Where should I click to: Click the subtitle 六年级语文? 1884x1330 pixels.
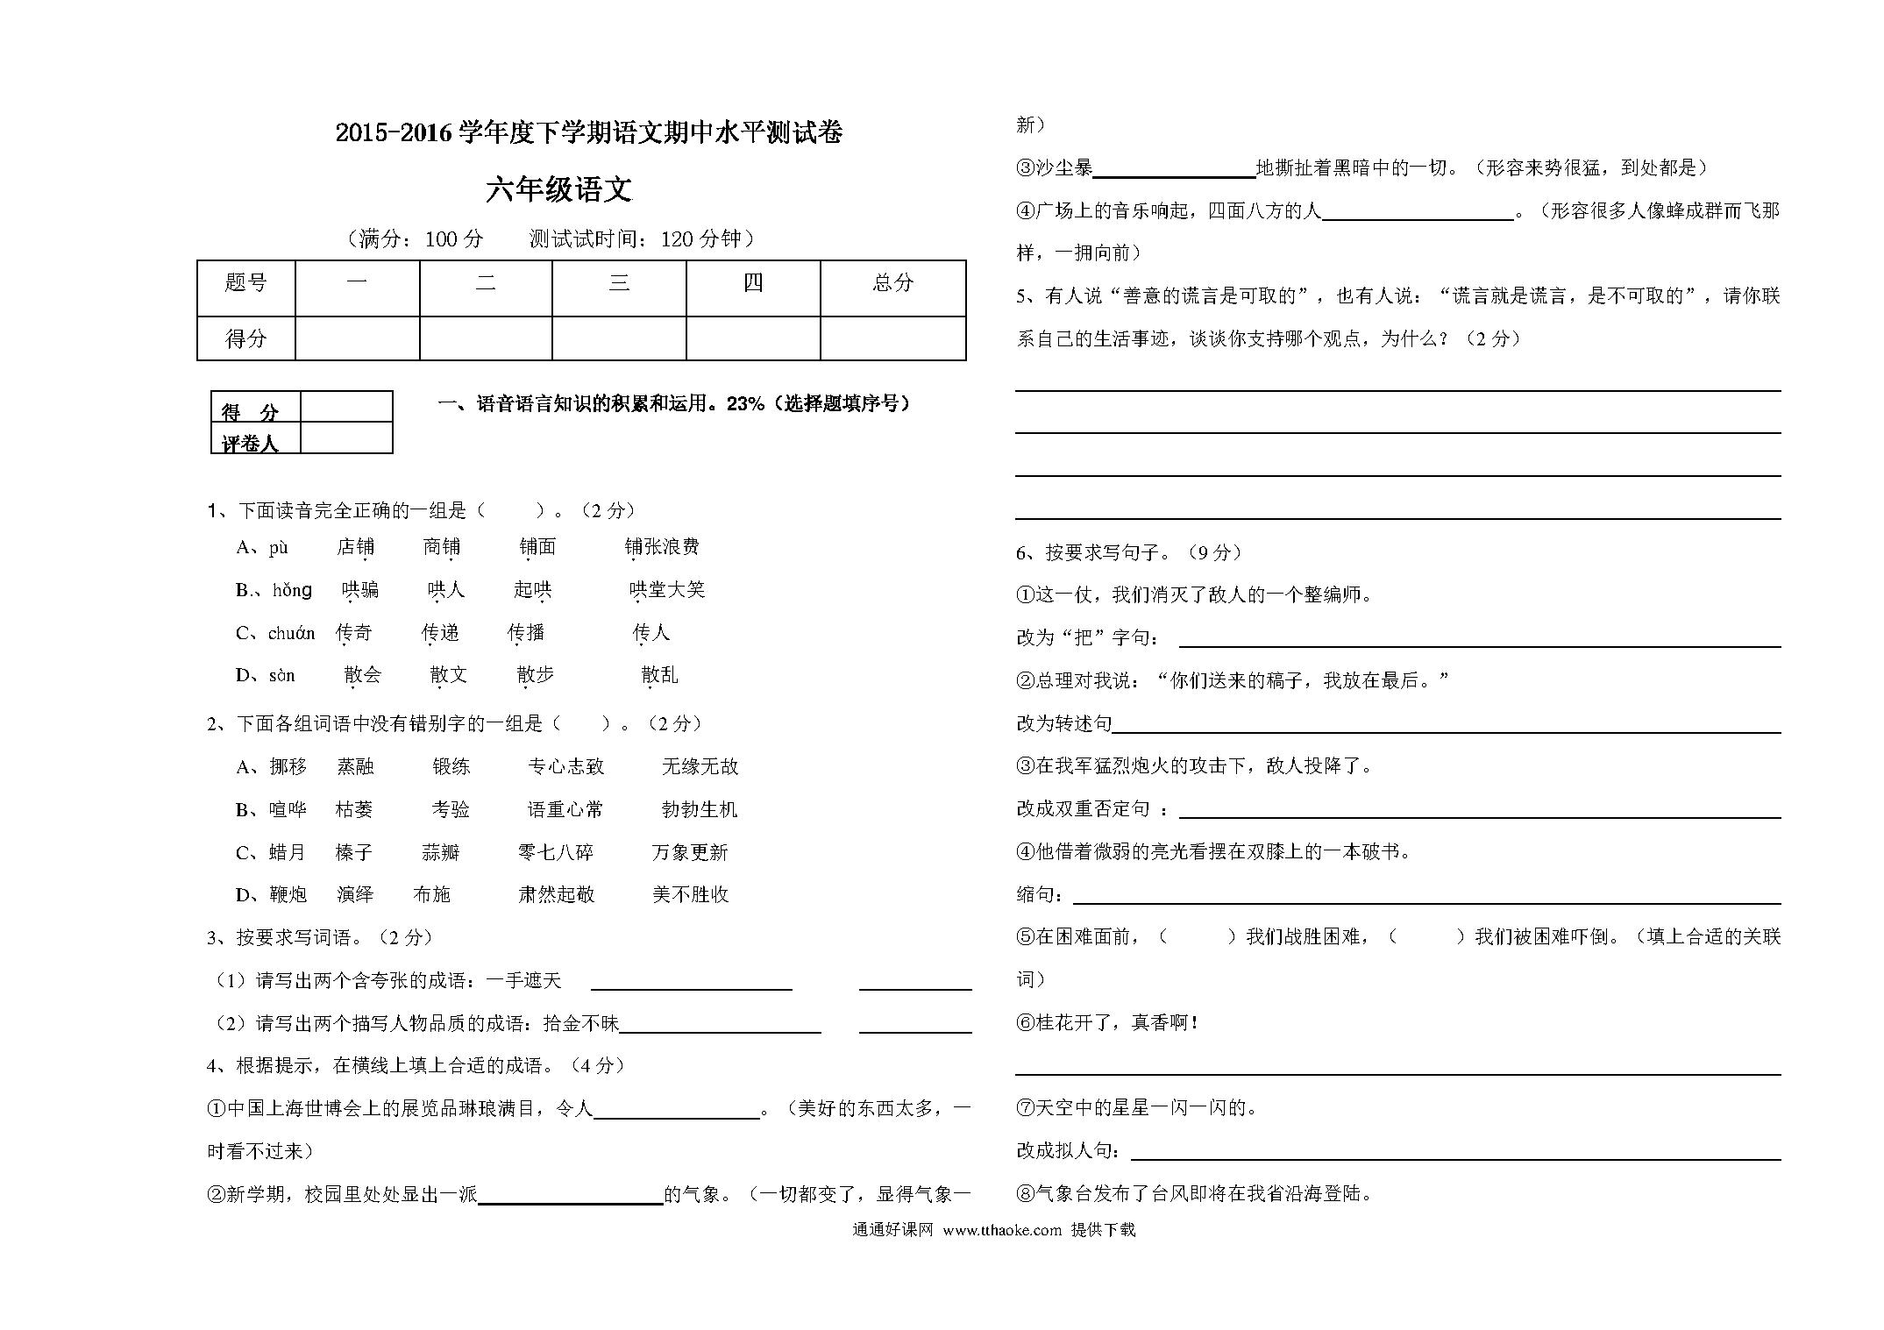(x=558, y=190)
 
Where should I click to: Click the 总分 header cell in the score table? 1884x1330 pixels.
(x=892, y=283)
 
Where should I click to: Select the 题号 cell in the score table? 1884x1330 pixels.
(x=245, y=283)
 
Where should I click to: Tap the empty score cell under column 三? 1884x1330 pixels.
(x=618, y=338)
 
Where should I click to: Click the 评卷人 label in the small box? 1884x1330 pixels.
(x=250, y=443)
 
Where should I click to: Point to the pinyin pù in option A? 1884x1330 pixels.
(x=279, y=548)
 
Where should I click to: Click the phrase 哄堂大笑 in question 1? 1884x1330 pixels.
(x=667, y=590)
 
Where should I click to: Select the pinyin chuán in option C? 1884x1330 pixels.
(x=291, y=633)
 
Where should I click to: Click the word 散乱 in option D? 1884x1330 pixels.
(x=659, y=675)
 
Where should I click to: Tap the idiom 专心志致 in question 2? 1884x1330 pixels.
(x=565, y=767)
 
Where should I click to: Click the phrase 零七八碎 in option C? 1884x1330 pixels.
(x=556, y=852)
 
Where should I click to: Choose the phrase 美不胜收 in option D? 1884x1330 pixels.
(x=691, y=895)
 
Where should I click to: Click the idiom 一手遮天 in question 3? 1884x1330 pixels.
(x=523, y=981)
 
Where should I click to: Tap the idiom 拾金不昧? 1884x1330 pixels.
(x=581, y=1023)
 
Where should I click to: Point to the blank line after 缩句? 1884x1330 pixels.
(x=1425, y=898)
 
